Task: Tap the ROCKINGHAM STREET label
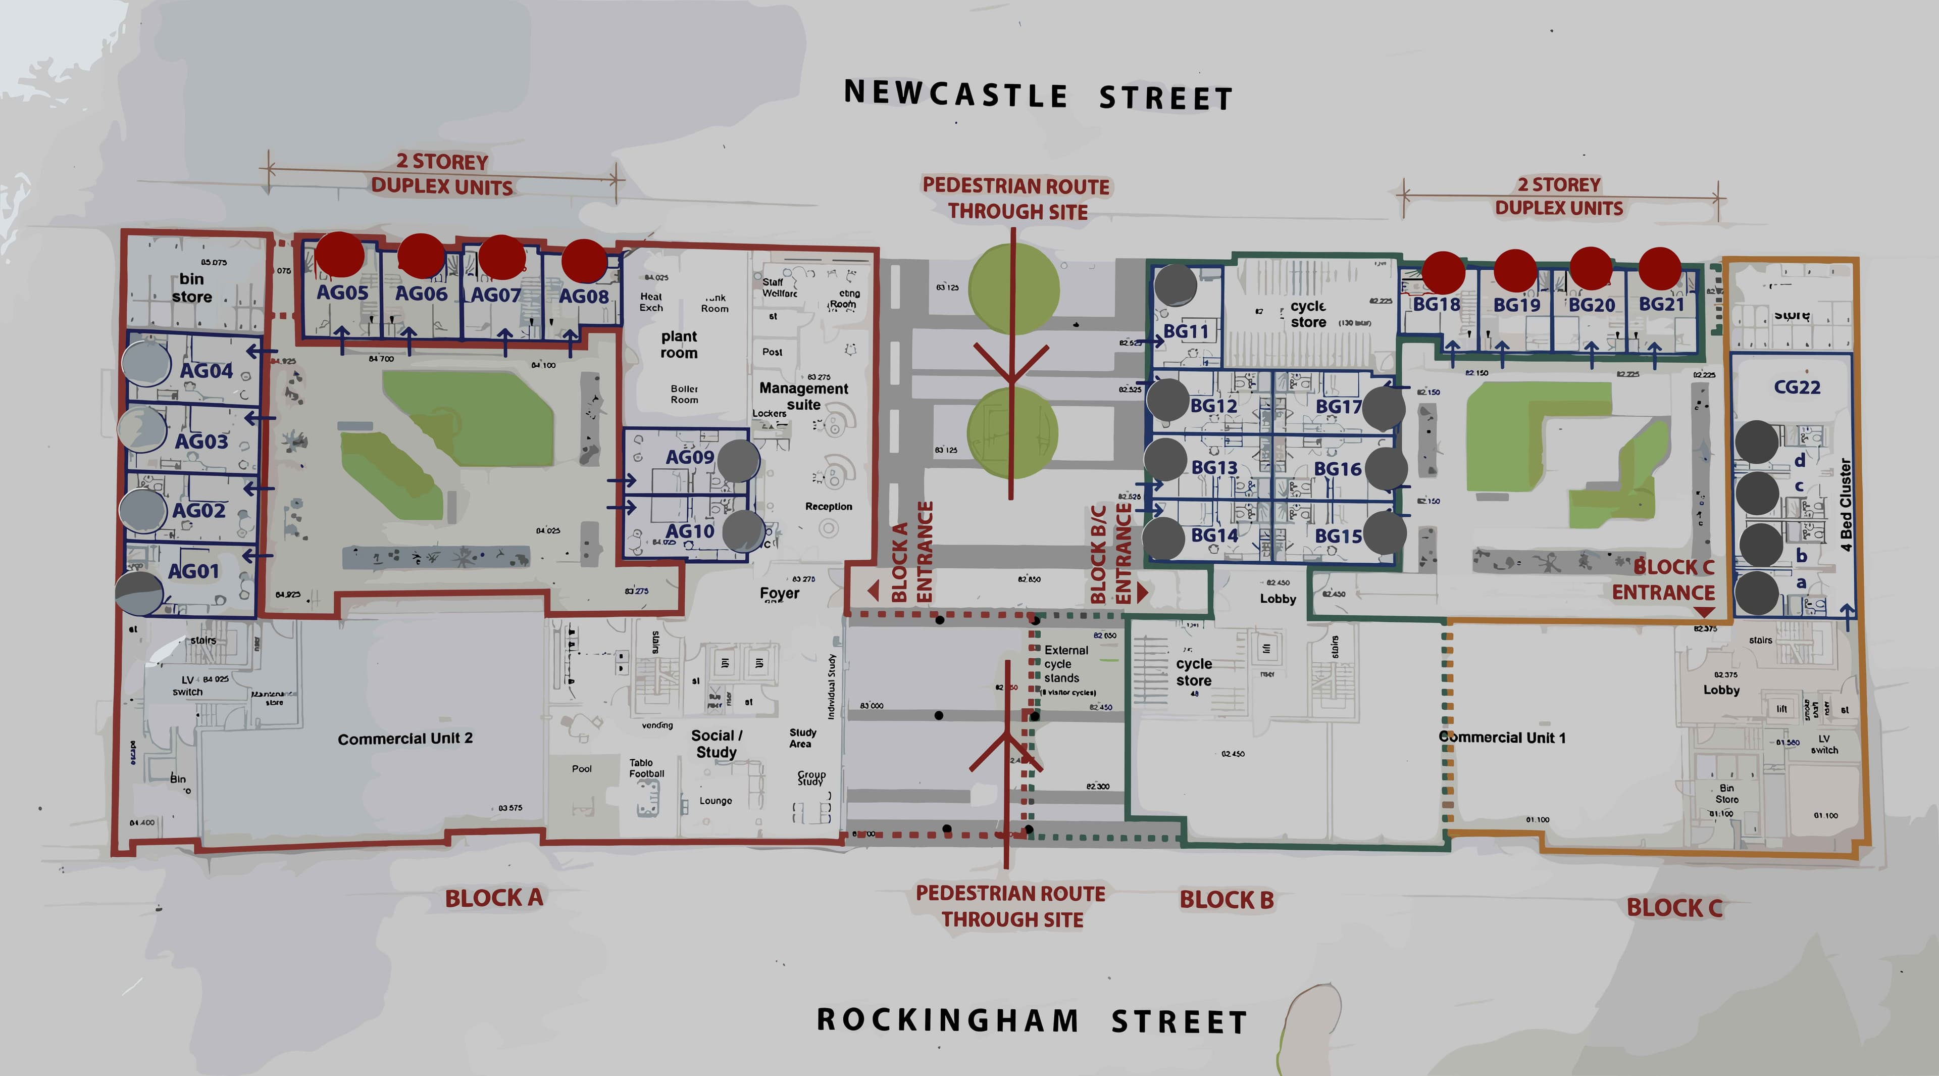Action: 1031,1020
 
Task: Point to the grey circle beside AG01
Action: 139,592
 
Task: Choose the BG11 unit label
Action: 1186,331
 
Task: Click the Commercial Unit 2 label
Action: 405,739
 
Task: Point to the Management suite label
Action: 803,396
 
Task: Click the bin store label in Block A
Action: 191,287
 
